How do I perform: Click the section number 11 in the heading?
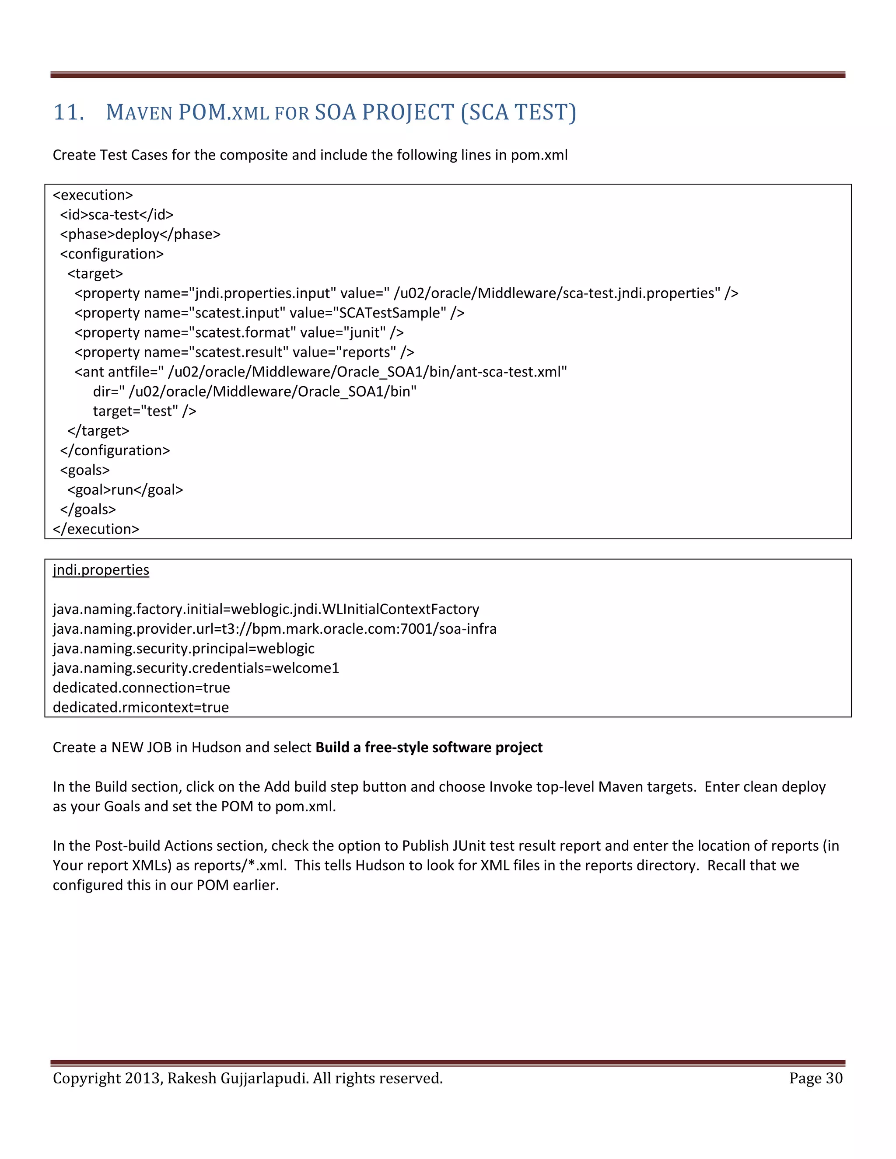69,112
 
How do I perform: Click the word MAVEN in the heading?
139,112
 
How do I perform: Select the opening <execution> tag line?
93,195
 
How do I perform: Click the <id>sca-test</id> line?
117,215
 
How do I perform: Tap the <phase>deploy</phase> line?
140,234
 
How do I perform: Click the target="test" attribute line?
144,411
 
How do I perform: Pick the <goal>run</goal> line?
125,490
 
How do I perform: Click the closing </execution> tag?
96,529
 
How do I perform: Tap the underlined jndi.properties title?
101,570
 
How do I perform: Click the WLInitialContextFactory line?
266,609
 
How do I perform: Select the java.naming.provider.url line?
274,629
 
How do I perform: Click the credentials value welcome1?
306,668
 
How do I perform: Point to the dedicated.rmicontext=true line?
141,707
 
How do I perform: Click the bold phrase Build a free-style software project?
429,747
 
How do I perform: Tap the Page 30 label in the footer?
815,1079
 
